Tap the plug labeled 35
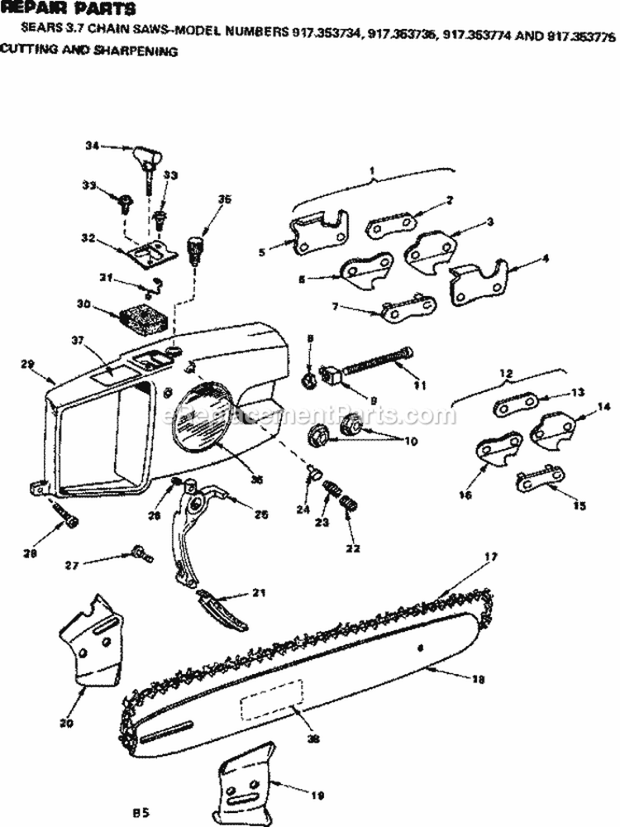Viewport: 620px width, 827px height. (197, 247)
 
